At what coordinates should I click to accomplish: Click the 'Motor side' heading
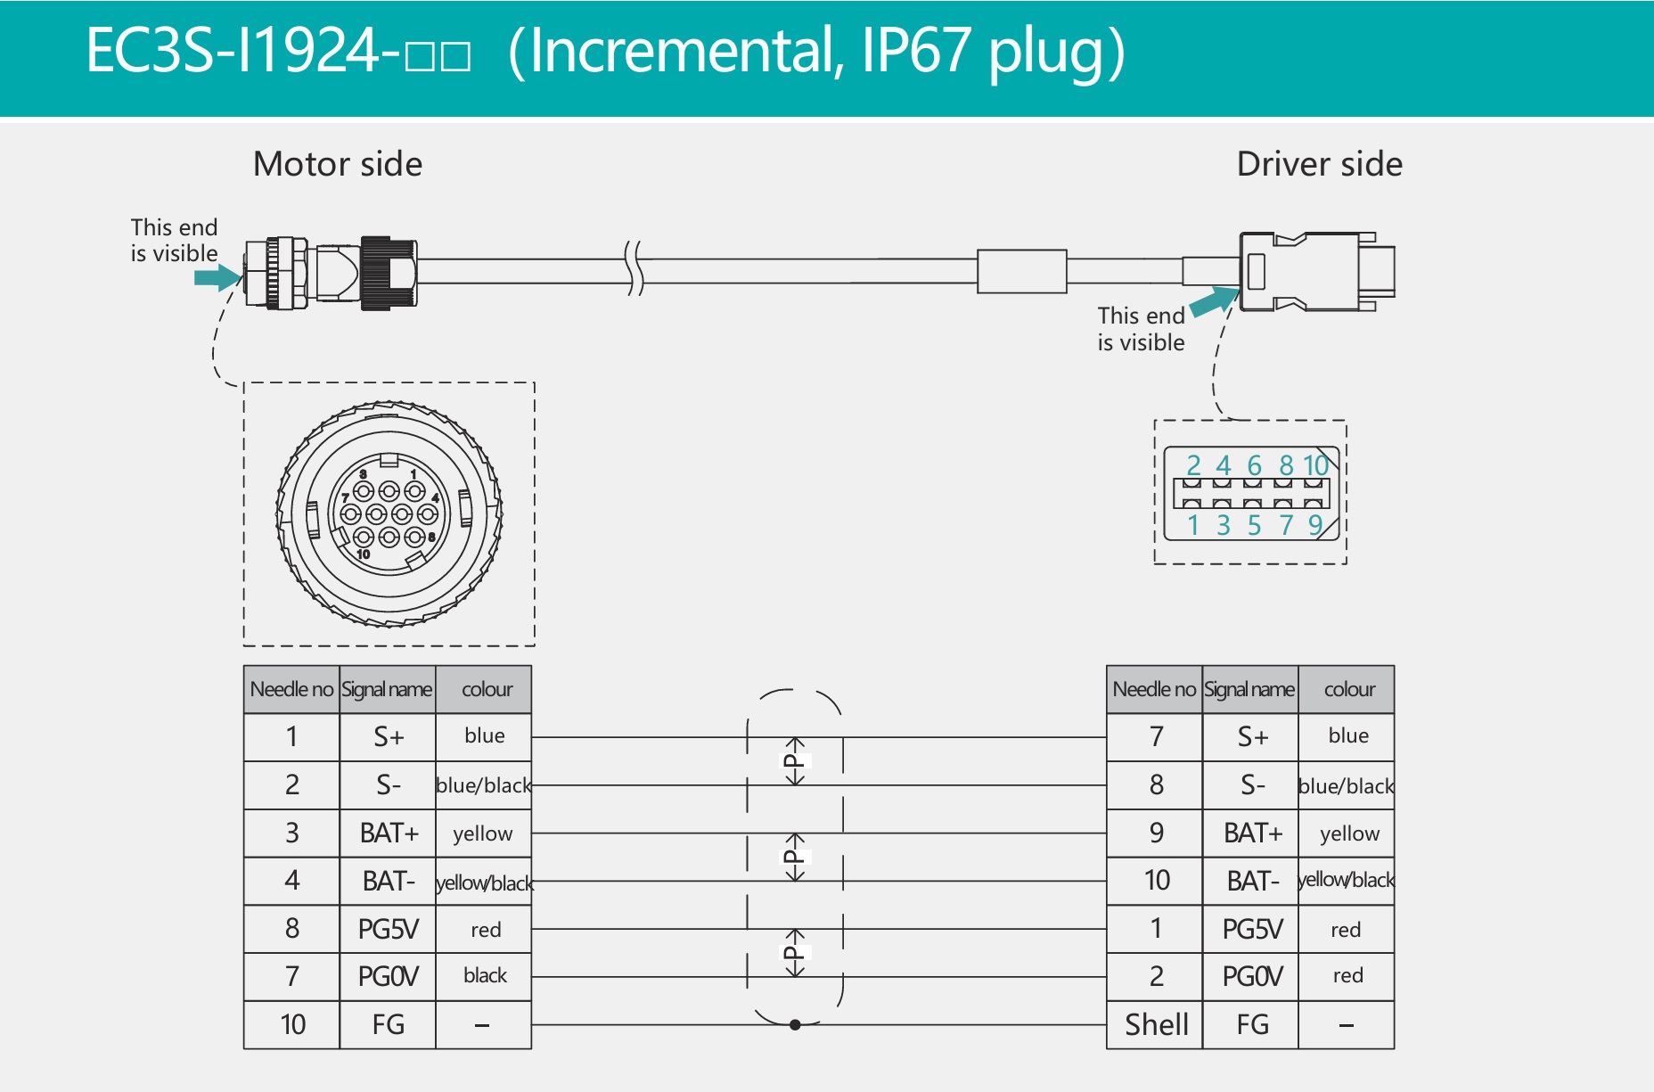click(x=338, y=164)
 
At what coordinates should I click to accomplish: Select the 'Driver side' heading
click(x=1319, y=164)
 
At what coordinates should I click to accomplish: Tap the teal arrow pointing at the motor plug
click(x=217, y=277)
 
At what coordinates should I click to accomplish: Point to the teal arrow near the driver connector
click(x=1214, y=301)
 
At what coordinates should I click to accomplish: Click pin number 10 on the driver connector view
click(x=1315, y=465)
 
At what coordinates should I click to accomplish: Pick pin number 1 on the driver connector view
click(x=1193, y=525)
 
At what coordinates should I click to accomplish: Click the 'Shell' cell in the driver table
click(x=1156, y=1024)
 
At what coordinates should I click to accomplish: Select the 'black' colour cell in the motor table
click(x=484, y=976)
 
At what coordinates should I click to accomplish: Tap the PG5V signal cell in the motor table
click(x=388, y=929)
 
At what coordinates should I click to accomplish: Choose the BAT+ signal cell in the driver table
click(x=1251, y=833)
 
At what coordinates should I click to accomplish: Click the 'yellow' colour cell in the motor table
click(x=483, y=833)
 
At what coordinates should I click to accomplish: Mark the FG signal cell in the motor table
click(x=388, y=1024)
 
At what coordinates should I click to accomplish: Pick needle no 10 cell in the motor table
click(x=292, y=1024)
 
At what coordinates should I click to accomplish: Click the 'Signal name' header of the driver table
click(x=1249, y=689)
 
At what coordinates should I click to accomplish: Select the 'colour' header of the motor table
click(x=487, y=689)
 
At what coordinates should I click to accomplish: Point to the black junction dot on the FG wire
click(x=795, y=1024)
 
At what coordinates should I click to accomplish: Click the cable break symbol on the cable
click(x=634, y=267)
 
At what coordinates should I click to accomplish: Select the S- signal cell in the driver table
click(x=1251, y=785)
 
